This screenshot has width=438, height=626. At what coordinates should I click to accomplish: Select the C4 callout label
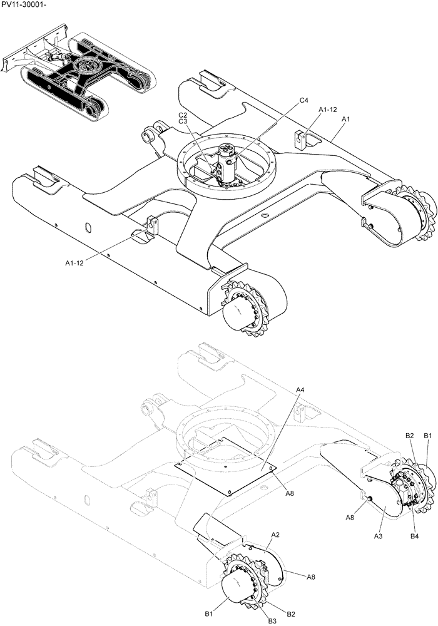click(304, 100)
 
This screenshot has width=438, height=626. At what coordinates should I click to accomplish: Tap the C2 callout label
click(183, 115)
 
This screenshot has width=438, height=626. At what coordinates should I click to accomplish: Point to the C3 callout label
click(183, 122)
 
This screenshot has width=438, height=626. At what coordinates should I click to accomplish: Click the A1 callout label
click(345, 118)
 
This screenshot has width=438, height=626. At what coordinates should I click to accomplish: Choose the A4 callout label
click(300, 390)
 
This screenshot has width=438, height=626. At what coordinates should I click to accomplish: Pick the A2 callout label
click(275, 535)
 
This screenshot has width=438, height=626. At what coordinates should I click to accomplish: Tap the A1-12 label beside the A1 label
click(328, 110)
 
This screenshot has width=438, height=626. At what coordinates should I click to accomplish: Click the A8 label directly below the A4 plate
click(290, 493)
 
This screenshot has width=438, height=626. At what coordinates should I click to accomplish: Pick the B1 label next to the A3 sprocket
click(429, 435)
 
